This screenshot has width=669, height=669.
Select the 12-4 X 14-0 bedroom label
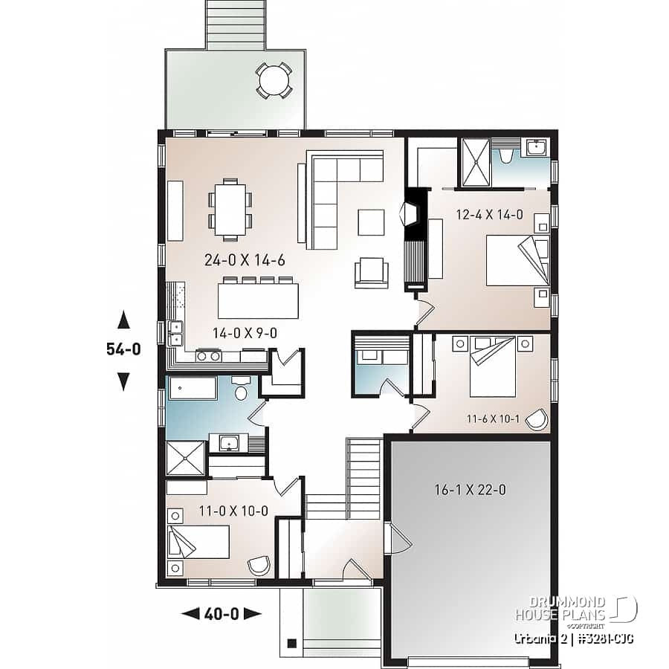tap(489, 216)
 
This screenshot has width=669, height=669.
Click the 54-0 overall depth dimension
tap(123, 350)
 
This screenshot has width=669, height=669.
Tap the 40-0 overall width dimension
tap(222, 613)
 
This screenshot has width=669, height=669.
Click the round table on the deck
tap(274, 80)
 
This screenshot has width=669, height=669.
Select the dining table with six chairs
tap(230, 210)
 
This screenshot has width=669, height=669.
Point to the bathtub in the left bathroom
tap(193, 389)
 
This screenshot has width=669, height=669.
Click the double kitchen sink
tap(176, 334)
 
